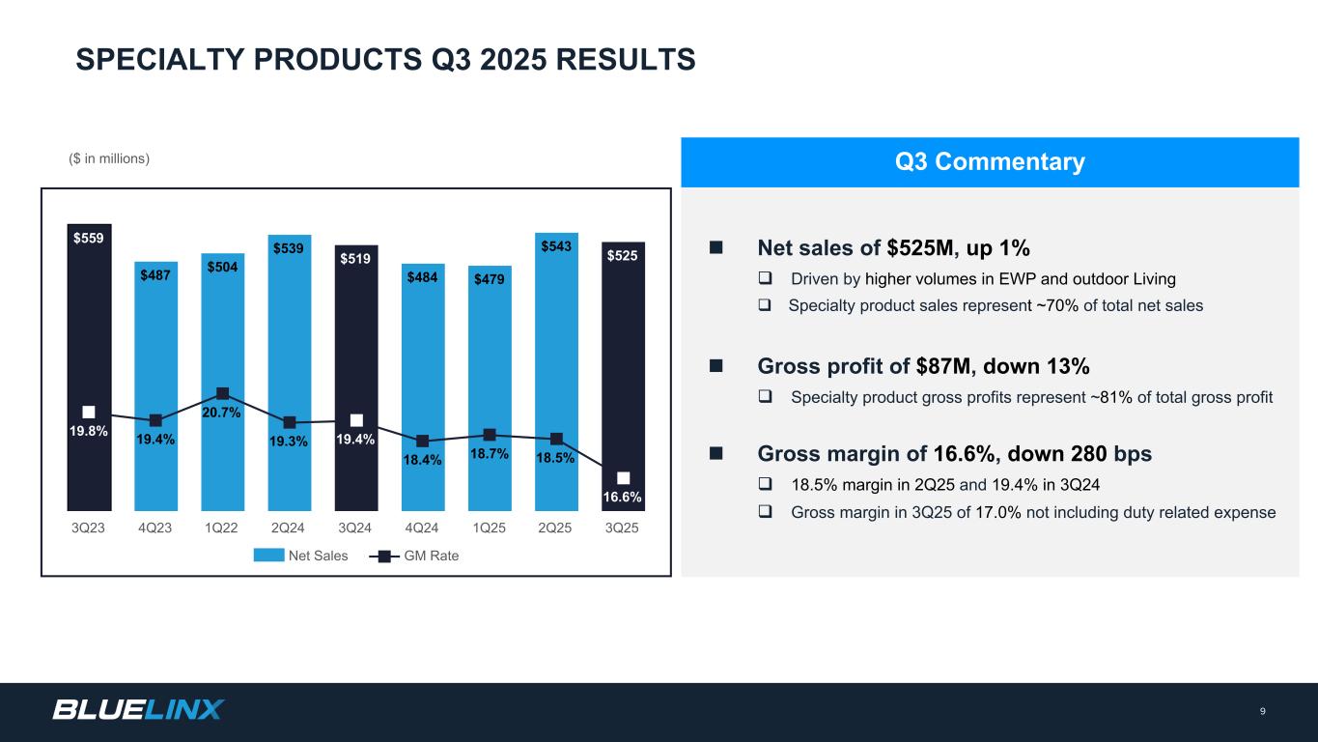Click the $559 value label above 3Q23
pos(89,237)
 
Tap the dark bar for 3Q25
pos(623,377)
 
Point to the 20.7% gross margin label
pos(222,413)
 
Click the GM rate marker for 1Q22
pos(222,393)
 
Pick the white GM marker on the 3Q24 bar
pos(356,419)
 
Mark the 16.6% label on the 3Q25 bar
pos(623,497)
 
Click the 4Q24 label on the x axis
pos(422,528)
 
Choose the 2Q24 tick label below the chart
pos(289,528)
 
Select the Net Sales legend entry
pos(300,556)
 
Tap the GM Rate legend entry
pos(414,556)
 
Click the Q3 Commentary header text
pos(990,162)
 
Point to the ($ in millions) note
pos(109,158)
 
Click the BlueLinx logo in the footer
pos(137,710)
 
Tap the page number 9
pos(1262,712)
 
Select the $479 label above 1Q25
pos(490,279)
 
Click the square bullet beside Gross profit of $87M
pos(716,367)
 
